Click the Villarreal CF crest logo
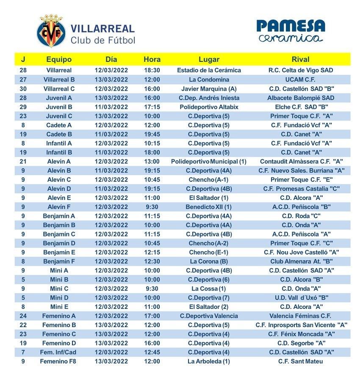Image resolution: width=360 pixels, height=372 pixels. click(x=52, y=31)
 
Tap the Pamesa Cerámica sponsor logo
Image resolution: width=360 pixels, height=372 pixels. click(x=291, y=31)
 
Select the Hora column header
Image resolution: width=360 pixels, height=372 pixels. click(x=152, y=60)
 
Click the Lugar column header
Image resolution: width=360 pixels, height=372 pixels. click(x=208, y=60)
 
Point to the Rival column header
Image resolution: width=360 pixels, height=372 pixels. click(x=301, y=60)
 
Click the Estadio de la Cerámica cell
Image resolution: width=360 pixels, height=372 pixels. click(x=209, y=70)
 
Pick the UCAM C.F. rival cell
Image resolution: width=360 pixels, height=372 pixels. click(x=301, y=79)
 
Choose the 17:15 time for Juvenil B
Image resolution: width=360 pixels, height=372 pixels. click(x=152, y=107)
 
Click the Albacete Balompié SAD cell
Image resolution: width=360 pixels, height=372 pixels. click(x=301, y=98)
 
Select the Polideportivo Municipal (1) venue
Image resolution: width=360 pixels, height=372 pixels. click(x=209, y=161)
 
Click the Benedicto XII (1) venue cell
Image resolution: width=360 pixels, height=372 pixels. click(x=209, y=207)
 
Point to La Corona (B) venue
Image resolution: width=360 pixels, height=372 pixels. click(x=209, y=261)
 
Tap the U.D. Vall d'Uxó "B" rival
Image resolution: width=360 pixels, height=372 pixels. click(x=301, y=298)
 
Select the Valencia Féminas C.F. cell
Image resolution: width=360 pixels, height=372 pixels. click(x=301, y=316)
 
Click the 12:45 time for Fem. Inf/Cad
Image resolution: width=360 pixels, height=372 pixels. click(x=152, y=352)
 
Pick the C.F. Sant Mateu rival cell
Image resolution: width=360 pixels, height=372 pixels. click(x=301, y=361)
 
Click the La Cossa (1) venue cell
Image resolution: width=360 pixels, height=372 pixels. click(x=209, y=289)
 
